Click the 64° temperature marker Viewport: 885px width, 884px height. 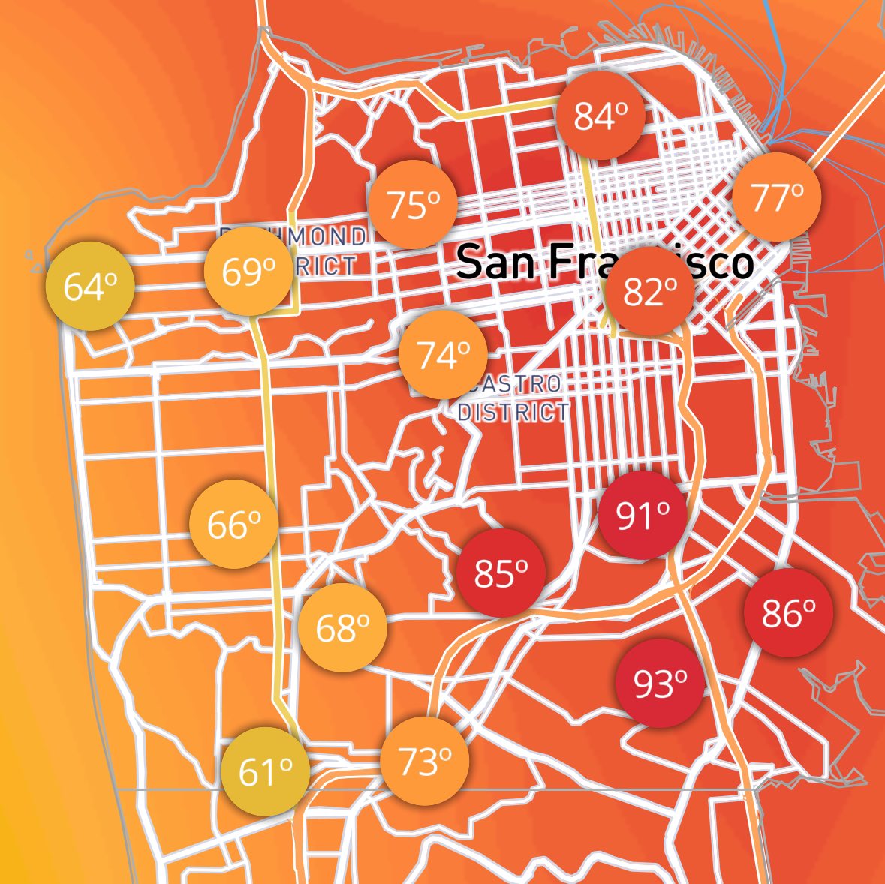click(90, 287)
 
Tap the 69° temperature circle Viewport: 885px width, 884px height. click(249, 272)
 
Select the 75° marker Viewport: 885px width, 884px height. click(413, 204)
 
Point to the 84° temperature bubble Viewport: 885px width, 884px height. click(601, 116)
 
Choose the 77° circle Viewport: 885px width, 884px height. click(777, 197)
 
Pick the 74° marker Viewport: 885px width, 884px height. click(443, 355)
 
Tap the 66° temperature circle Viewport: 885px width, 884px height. click(234, 524)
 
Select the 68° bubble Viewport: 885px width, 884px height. click(343, 627)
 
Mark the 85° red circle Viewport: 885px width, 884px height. click(501, 573)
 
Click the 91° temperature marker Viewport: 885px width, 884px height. click(643, 515)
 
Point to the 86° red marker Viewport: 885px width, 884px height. click(788, 613)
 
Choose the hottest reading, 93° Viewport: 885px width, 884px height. click(660, 683)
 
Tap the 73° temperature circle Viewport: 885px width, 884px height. click(425, 761)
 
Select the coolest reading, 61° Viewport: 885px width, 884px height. click(266, 771)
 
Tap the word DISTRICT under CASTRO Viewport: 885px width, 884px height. click(513, 412)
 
